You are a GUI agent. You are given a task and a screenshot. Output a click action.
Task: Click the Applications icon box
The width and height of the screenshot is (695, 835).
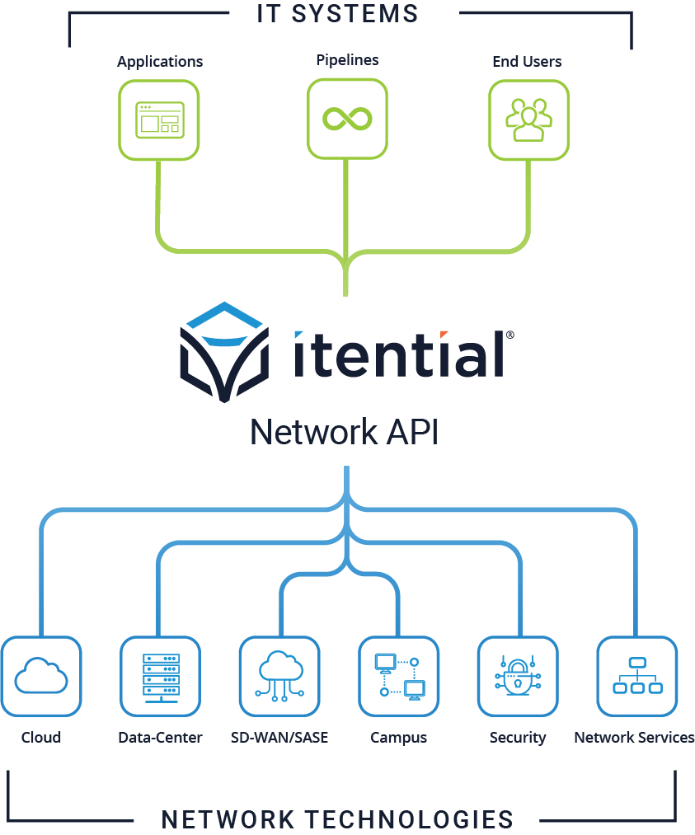click(x=159, y=120)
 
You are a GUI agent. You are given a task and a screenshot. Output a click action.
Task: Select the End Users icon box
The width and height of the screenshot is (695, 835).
click(x=528, y=120)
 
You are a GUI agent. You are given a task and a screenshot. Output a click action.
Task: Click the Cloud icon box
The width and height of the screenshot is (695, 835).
click(x=41, y=676)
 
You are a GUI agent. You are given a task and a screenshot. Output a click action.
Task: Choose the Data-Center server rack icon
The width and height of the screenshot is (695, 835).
click(x=160, y=676)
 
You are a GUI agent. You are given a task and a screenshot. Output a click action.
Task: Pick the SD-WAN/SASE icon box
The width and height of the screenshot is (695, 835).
click(x=279, y=676)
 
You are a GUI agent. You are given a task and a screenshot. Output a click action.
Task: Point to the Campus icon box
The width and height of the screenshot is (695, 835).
click(x=399, y=676)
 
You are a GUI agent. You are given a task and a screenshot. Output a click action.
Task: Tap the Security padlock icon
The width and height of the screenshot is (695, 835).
click(x=518, y=676)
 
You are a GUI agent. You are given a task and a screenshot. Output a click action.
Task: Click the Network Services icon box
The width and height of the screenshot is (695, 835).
click(x=636, y=676)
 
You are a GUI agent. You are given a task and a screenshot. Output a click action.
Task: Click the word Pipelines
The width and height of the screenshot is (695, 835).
click(x=347, y=60)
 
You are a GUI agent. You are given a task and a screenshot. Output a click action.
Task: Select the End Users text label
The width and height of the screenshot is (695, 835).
click(x=527, y=61)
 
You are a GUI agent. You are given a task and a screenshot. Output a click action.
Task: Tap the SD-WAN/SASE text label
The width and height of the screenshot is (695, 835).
click(x=279, y=737)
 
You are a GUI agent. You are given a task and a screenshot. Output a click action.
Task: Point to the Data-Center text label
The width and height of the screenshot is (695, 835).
click(x=160, y=737)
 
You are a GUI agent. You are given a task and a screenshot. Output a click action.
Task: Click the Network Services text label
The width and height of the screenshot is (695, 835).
click(x=634, y=737)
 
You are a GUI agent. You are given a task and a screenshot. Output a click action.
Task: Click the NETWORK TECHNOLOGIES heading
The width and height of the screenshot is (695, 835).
click(x=337, y=819)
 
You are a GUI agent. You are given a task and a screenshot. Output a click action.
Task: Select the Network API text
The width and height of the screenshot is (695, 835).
click(x=344, y=432)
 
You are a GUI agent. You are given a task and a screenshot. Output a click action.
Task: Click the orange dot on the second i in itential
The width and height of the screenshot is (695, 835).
click(x=444, y=335)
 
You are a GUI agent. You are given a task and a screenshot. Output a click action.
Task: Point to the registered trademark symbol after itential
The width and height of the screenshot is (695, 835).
click(x=510, y=335)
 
